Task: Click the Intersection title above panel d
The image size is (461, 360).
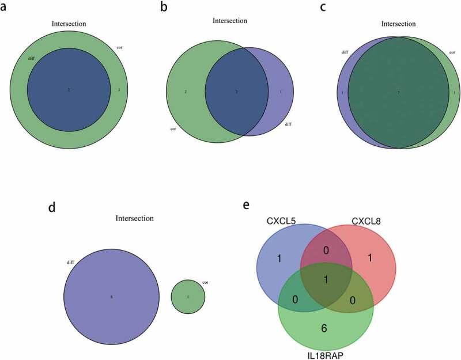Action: [134, 219]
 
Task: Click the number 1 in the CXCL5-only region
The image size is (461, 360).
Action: [279, 259]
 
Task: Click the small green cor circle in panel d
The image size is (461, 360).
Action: [188, 297]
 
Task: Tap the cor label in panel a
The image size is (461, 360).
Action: [119, 44]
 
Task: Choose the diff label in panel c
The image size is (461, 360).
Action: [345, 51]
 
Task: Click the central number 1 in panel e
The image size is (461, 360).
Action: [326, 279]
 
